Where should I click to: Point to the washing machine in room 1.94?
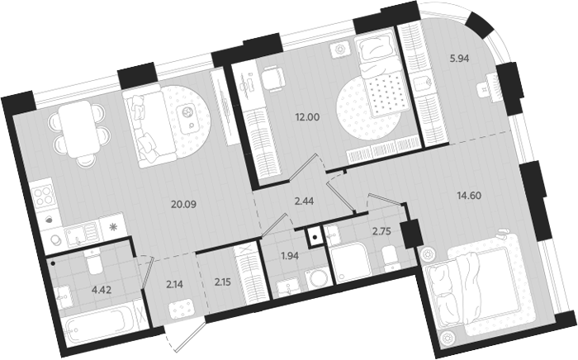pos(316,281)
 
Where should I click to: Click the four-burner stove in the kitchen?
pos(42,198)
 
